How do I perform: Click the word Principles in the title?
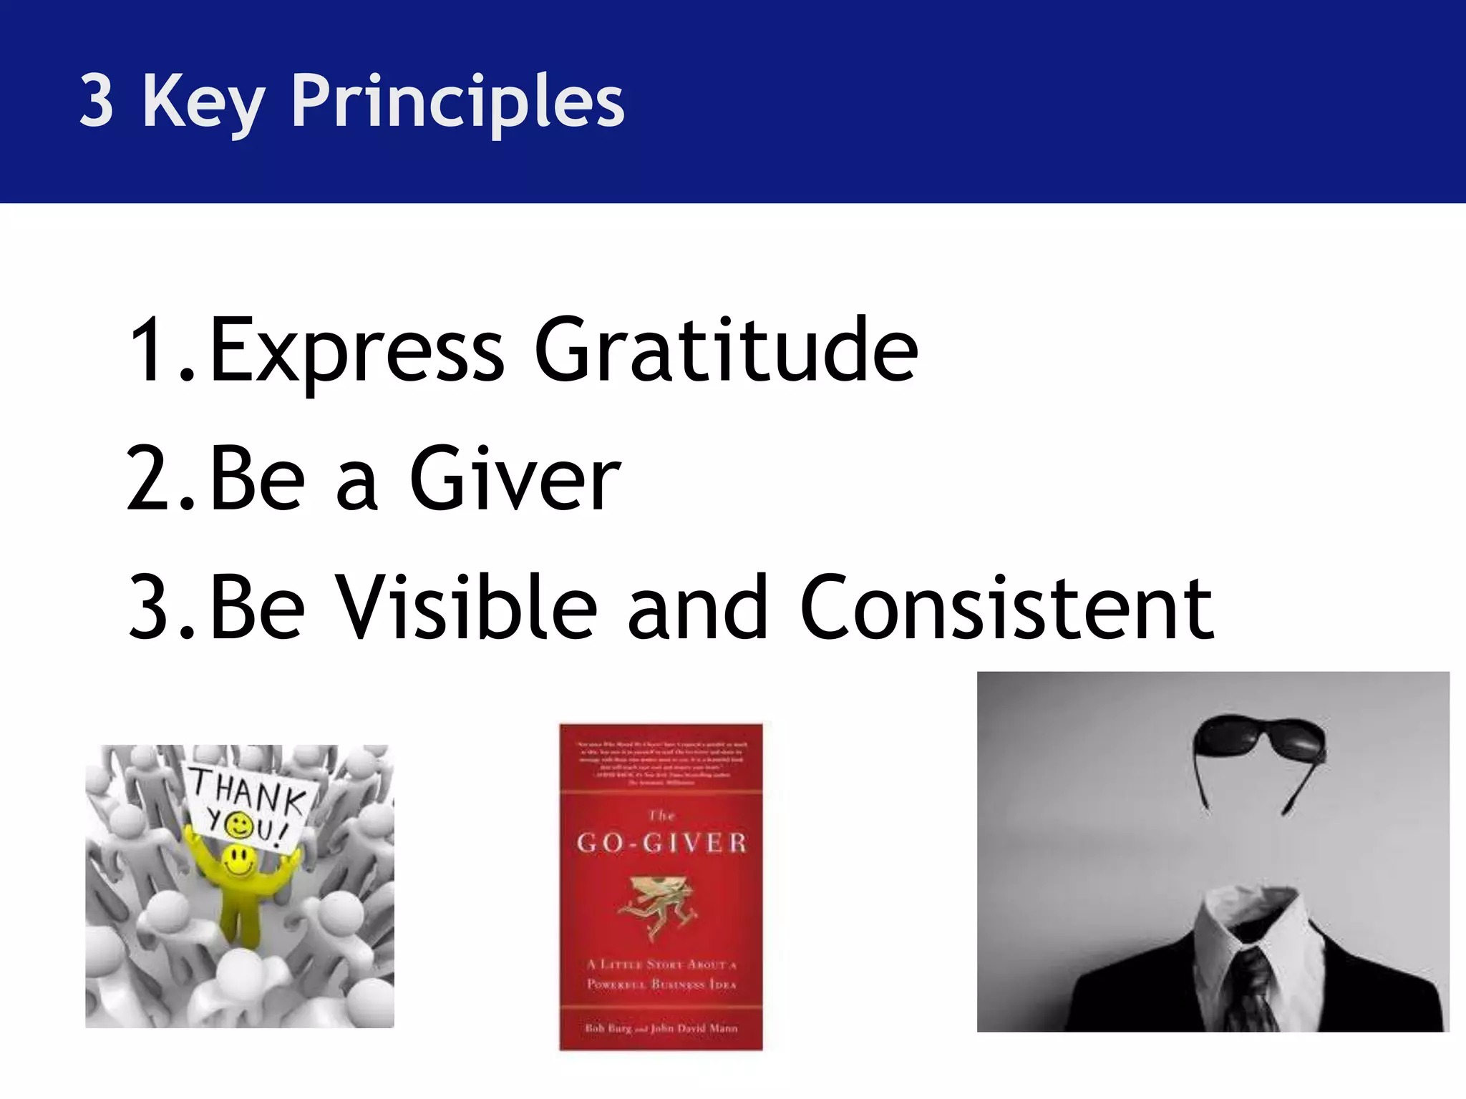(458, 102)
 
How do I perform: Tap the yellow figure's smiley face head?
(238, 861)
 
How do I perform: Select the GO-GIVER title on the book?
(661, 843)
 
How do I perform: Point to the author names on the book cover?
(661, 1028)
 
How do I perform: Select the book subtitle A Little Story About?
(661, 964)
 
